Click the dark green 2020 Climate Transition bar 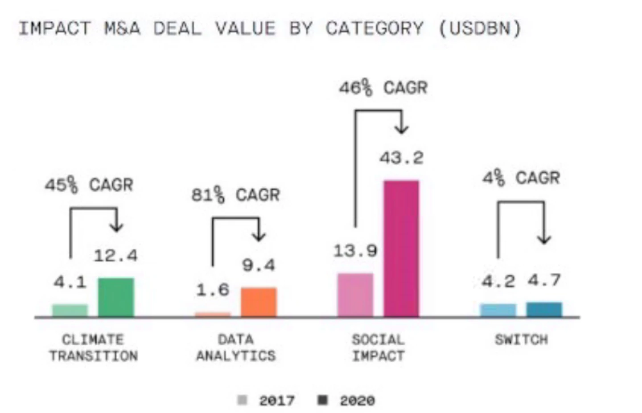click(116, 297)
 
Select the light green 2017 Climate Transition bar click(70, 311)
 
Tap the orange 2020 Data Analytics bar click(259, 302)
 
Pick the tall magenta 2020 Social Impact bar click(401, 248)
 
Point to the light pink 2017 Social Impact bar click(355, 295)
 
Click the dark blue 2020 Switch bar click(544, 309)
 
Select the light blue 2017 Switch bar click(498, 310)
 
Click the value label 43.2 click(402, 158)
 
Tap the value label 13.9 click(355, 251)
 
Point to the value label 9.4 click(259, 265)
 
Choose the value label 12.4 click(116, 255)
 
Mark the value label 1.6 click(213, 290)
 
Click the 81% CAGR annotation click(235, 195)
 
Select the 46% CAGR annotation click(383, 88)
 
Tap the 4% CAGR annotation click(521, 178)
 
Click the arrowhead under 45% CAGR click(117, 227)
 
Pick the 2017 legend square click(242, 400)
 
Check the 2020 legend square click(322, 400)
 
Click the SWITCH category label click(521, 339)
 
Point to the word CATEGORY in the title click(374, 29)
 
